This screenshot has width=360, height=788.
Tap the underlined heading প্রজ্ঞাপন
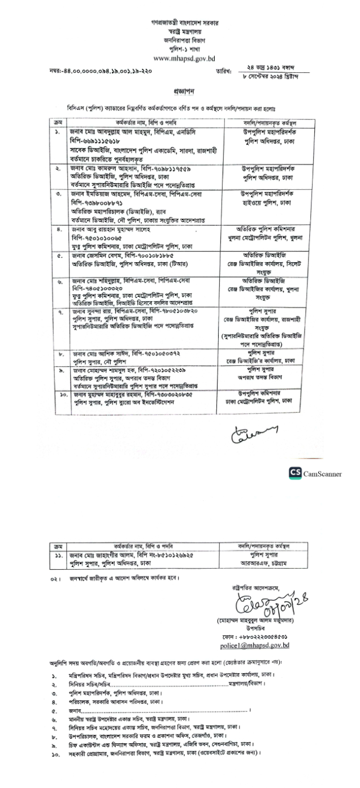pos(180,90)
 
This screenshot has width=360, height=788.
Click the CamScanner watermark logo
pos(316,473)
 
